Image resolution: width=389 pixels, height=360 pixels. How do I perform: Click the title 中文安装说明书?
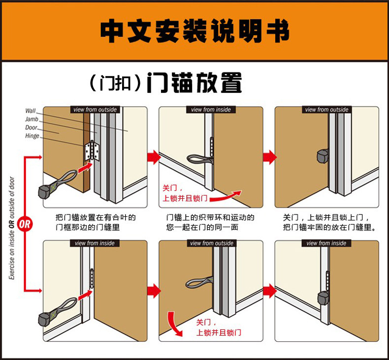(194, 30)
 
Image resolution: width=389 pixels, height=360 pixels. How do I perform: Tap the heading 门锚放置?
(194, 83)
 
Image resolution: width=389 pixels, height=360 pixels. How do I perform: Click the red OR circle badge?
(25, 224)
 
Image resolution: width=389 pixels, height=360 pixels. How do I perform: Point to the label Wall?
(31, 111)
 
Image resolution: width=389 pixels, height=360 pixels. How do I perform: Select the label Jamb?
(32, 119)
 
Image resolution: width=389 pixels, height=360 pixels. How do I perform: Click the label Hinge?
(32, 136)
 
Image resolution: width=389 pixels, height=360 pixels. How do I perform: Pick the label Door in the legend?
(32, 127)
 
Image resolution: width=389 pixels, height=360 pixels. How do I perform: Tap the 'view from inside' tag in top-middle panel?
(211, 110)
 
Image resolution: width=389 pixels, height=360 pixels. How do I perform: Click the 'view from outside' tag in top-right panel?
(326, 110)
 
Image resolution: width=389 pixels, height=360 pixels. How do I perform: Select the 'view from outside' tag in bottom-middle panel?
(211, 243)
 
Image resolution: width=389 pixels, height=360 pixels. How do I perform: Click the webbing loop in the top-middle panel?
(199, 158)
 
